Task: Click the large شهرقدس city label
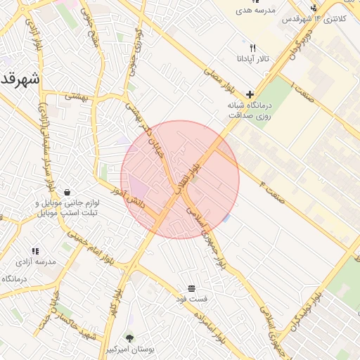coord(18,77)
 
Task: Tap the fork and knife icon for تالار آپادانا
coord(252,47)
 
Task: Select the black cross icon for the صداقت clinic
coord(250,94)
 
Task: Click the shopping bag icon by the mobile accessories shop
coord(67,192)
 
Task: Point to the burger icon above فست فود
coord(192,288)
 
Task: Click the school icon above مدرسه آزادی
coord(34,251)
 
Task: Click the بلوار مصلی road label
coord(219,82)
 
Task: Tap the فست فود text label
coord(192,299)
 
